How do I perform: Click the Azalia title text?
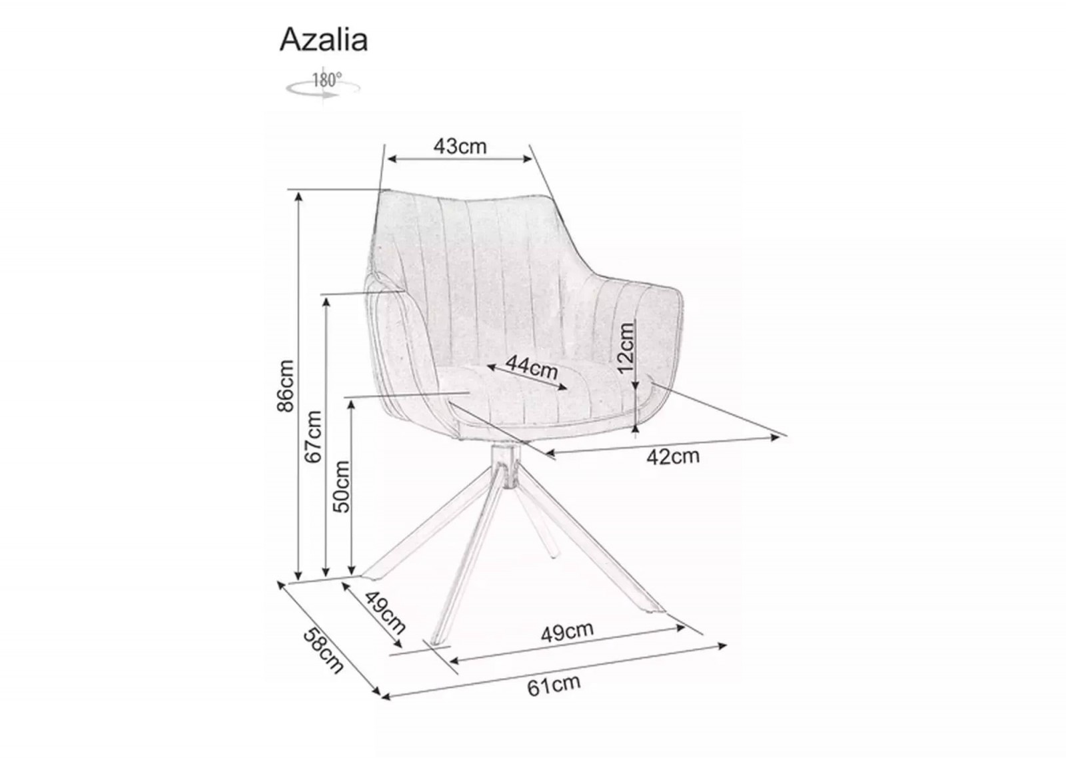tap(324, 40)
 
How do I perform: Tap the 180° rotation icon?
tap(322, 85)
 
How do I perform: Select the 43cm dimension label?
tap(460, 147)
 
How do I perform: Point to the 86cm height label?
tap(286, 386)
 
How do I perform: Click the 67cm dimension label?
tap(314, 437)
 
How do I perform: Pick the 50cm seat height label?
tap(341, 487)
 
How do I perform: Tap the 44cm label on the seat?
tap(532, 366)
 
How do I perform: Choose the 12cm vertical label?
tap(626, 347)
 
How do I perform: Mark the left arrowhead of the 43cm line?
tap(392, 159)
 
